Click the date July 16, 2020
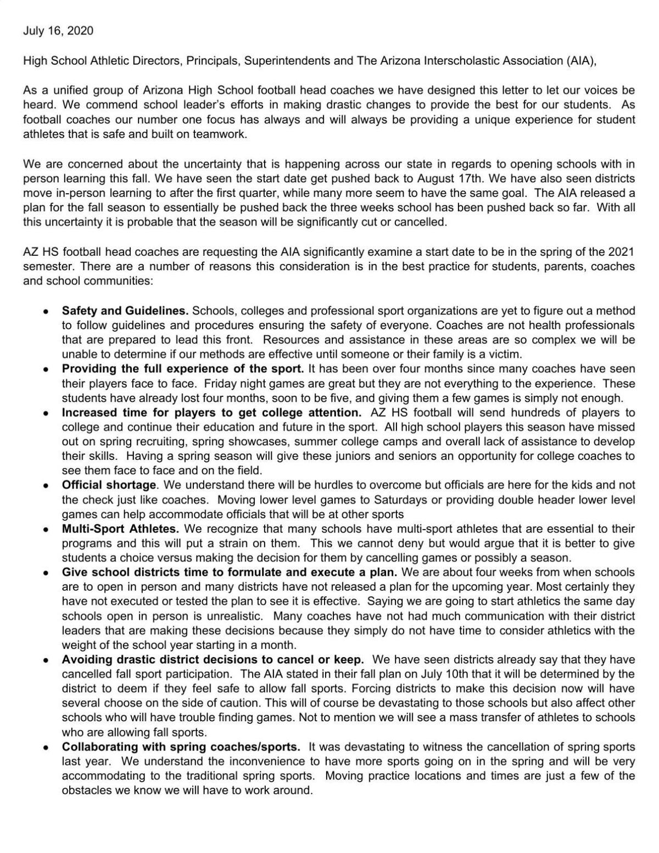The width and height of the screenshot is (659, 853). tap(58, 31)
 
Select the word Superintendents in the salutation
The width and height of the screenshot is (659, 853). tap(287, 60)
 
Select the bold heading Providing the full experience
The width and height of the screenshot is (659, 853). tap(182, 369)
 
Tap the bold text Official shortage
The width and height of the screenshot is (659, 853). tap(109, 485)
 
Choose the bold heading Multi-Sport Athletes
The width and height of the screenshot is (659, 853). tap(120, 529)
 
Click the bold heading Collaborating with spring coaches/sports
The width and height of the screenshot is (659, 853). tap(181, 747)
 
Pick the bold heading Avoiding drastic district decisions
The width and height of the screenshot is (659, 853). tap(213, 660)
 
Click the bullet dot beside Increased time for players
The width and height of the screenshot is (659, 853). tap(47, 413)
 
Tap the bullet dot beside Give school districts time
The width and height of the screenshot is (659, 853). tap(47, 573)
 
